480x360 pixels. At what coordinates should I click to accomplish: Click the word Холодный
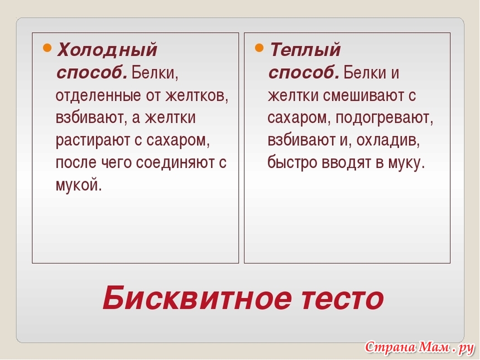point(107,50)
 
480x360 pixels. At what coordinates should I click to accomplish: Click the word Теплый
point(305,50)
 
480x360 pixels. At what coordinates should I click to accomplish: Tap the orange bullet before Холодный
point(47,48)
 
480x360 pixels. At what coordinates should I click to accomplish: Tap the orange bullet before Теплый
point(259,48)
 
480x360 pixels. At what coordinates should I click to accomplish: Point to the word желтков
point(196,96)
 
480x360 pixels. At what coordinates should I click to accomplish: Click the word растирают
point(93,141)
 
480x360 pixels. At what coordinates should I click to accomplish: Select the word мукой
point(79,185)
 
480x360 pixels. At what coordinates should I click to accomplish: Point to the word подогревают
point(384,118)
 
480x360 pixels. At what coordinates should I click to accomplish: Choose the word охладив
point(388,141)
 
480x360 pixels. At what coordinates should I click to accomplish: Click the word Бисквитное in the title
point(196,298)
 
